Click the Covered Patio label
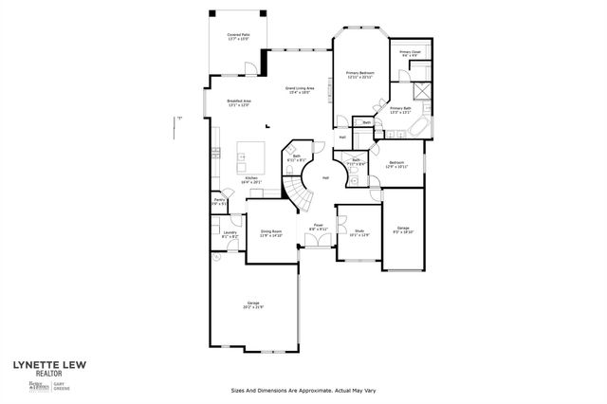pyautogui.click(x=238, y=37)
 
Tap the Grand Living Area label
pyautogui.click(x=301, y=90)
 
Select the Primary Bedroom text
pyautogui.click(x=360, y=75)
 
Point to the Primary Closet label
pyautogui.click(x=410, y=53)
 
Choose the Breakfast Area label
pyautogui.click(x=238, y=103)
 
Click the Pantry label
pyautogui.click(x=218, y=201)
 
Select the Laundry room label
pyautogui.click(x=229, y=233)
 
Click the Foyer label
pyautogui.click(x=319, y=227)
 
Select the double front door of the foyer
pyautogui.click(x=318, y=245)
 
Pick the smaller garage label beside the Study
pyautogui.click(x=403, y=230)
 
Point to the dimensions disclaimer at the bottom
pyautogui.click(x=303, y=391)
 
